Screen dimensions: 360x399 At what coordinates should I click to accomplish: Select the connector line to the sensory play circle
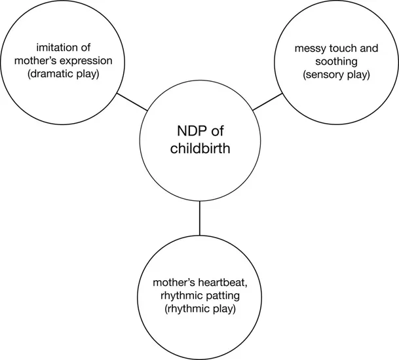pyautogui.click(x=267, y=102)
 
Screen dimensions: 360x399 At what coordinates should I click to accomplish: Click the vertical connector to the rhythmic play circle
pyautogui.click(x=199, y=219)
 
